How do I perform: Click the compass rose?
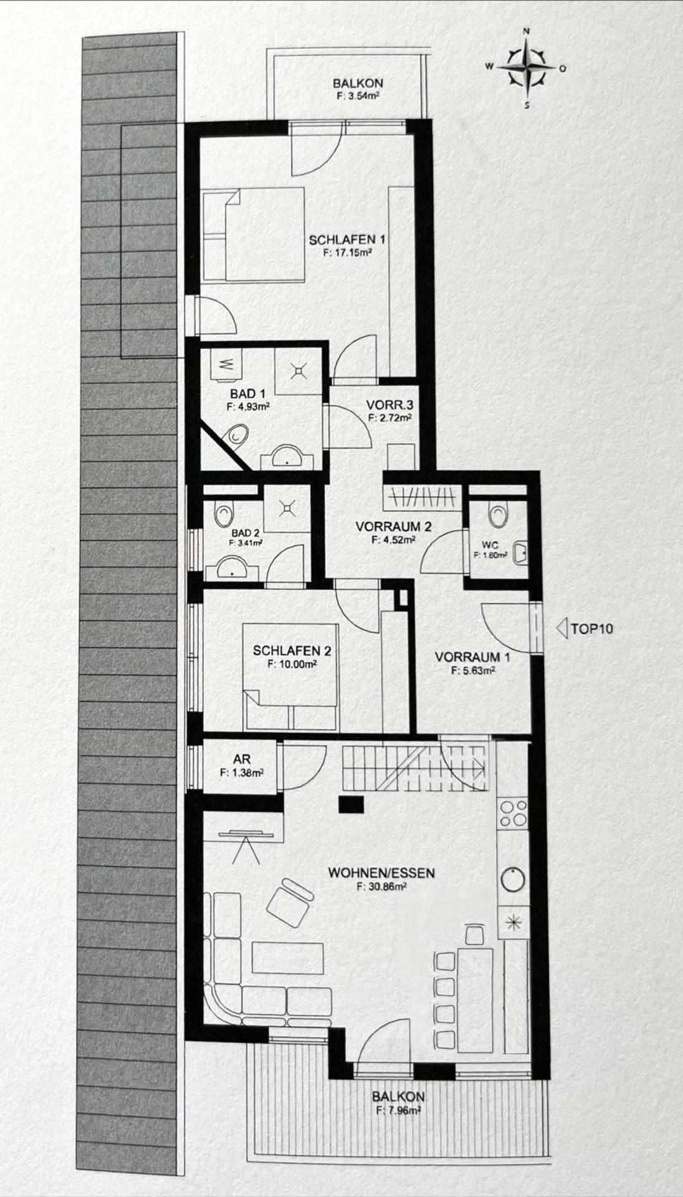[527, 69]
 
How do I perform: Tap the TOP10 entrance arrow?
[561, 628]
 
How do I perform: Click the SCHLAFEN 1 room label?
[346, 239]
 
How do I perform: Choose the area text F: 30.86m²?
[381, 886]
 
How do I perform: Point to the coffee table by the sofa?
[288, 958]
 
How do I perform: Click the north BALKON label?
[357, 83]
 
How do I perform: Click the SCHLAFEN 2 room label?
[292, 651]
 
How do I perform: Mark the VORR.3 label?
[389, 405]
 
